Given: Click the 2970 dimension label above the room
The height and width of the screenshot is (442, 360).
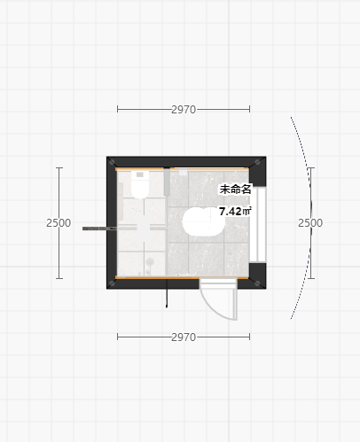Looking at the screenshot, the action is click(x=184, y=110).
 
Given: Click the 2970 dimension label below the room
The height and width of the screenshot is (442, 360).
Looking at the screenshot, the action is click(x=184, y=337).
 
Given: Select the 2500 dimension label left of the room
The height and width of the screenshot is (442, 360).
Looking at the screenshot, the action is click(x=59, y=223).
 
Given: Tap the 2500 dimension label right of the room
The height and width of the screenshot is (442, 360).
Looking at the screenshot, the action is click(x=310, y=223).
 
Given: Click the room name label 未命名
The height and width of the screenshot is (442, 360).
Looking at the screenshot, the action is click(x=235, y=190).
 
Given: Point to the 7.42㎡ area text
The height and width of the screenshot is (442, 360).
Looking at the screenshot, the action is click(x=235, y=212).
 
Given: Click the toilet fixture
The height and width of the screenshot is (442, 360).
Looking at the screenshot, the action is click(x=140, y=184).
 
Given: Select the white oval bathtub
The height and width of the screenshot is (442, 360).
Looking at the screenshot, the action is click(x=203, y=221).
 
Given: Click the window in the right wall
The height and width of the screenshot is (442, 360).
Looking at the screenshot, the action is click(x=258, y=224).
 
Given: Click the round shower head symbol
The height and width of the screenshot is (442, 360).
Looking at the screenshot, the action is click(x=150, y=261).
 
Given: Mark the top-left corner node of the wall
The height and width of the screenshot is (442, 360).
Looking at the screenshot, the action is click(x=112, y=162).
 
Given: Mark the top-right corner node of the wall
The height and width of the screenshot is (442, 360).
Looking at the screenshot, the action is click(x=257, y=162).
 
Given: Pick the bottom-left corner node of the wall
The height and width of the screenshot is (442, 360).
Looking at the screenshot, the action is click(x=112, y=283).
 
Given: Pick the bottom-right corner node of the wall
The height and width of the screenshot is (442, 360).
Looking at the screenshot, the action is click(x=257, y=283).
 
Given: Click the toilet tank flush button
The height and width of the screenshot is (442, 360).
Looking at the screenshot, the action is click(x=140, y=174).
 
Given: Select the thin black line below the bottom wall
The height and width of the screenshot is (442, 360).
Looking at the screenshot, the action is click(x=167, y=293).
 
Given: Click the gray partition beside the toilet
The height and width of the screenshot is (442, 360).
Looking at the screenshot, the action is click(x=167, y=182).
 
